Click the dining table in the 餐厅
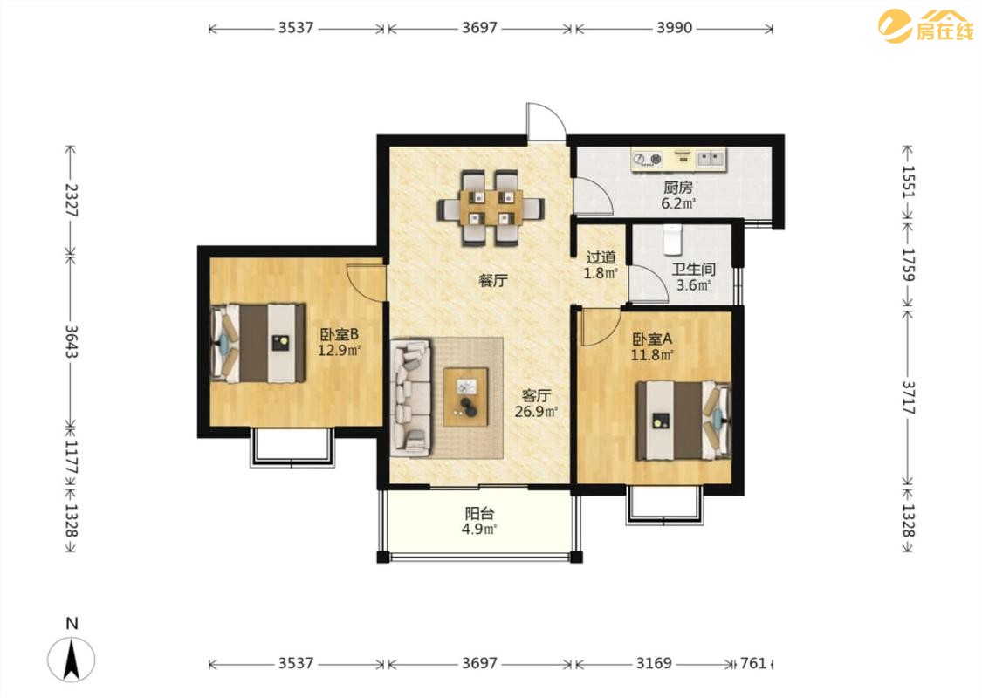click(x=491, y=208)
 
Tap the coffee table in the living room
click(x=465, y=398)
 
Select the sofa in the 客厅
click(x=411, y=398)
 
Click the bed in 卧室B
click(x=258, y=343)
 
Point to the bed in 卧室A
click(x=683, y=421)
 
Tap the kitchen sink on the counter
click(x=711, y=158)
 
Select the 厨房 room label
click(x=678, y=187)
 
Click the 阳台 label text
click(x=480, y=514)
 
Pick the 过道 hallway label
click(x=601, y=257)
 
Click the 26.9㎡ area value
click(x=536, y=412)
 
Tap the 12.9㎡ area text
click(x=339, y=351)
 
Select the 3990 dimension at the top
click(x=675, y=28)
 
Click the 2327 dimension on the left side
click(x=71, y=201)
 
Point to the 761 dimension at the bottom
click(x=752, y=663)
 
